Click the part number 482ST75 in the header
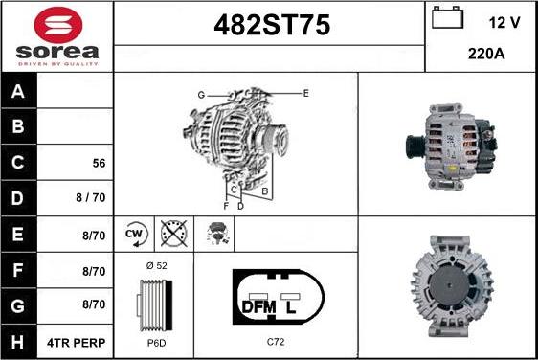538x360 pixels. point(269,26)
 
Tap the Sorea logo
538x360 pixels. point(56,36)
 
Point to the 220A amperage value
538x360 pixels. point(486,55)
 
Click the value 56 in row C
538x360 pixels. point(99,163)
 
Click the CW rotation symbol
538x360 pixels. point(134,233)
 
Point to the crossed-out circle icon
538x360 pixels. point(173,233)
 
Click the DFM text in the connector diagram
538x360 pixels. point(259,306)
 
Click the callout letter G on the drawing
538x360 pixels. point(201,95)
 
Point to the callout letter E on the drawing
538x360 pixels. point(305,93)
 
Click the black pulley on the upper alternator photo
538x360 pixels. point(415,149)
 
